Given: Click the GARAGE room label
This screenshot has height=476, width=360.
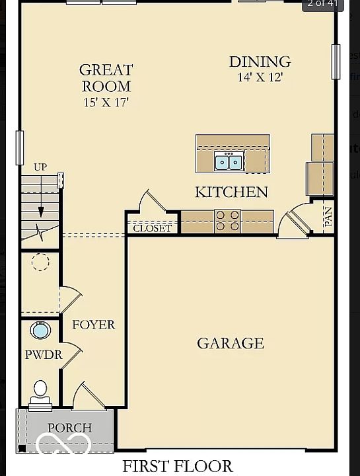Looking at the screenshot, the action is coord(231,343).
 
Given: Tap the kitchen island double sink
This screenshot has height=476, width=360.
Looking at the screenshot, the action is coord(229,161).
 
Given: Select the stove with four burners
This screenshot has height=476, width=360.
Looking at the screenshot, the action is coord(227,221).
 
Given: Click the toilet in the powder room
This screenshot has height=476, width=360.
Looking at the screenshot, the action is coord(40,395).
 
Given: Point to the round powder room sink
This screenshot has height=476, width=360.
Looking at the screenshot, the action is coord(40,331).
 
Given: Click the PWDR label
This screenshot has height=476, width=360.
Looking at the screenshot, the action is coord(44,354).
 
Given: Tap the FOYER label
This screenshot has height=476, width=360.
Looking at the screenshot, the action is coord(93,325).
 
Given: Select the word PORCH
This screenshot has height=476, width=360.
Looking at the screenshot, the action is coord(70,428).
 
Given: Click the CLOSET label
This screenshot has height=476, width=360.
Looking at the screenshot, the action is coord(152,228).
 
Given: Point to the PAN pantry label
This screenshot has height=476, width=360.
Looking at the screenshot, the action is coord(328,217).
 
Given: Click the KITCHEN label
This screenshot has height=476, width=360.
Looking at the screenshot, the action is coord(231,192).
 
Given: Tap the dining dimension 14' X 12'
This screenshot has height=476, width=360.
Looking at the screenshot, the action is coord(260,77).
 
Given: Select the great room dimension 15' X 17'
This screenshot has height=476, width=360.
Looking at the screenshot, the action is coord(106,102).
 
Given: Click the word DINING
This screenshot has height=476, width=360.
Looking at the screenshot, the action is coord(260,61).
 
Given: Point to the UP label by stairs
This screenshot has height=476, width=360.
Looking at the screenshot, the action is coord(40,167).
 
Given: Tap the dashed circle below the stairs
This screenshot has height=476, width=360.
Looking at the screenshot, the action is coord(40,262).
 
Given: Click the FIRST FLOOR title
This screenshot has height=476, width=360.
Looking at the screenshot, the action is coord(178,466).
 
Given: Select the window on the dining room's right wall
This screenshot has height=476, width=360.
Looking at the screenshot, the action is coord(336,61).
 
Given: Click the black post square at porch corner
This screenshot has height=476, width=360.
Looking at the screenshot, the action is coord(22,448).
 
